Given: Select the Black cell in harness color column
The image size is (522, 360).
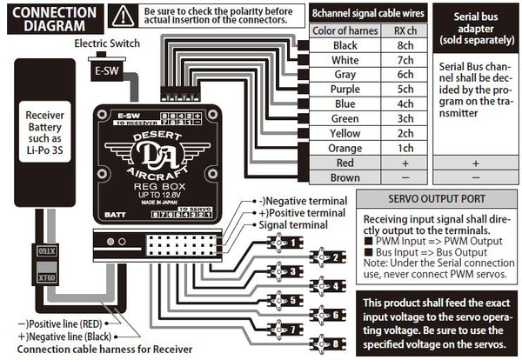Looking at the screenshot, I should click(x=345, y=46).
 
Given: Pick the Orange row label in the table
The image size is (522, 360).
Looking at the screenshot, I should click(x=345, y=148).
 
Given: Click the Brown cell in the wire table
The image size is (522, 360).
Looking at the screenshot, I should click(x=345, y=177).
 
